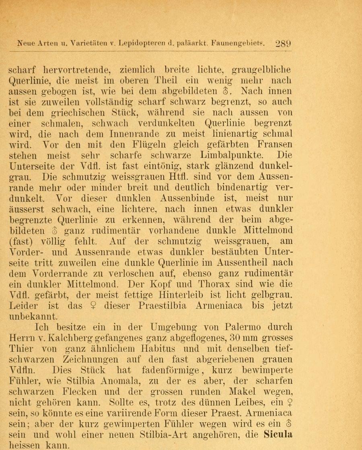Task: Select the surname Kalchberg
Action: [x=64, y=337]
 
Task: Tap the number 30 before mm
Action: [x=230, y=337]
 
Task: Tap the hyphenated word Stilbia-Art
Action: [x=204, y=435]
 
